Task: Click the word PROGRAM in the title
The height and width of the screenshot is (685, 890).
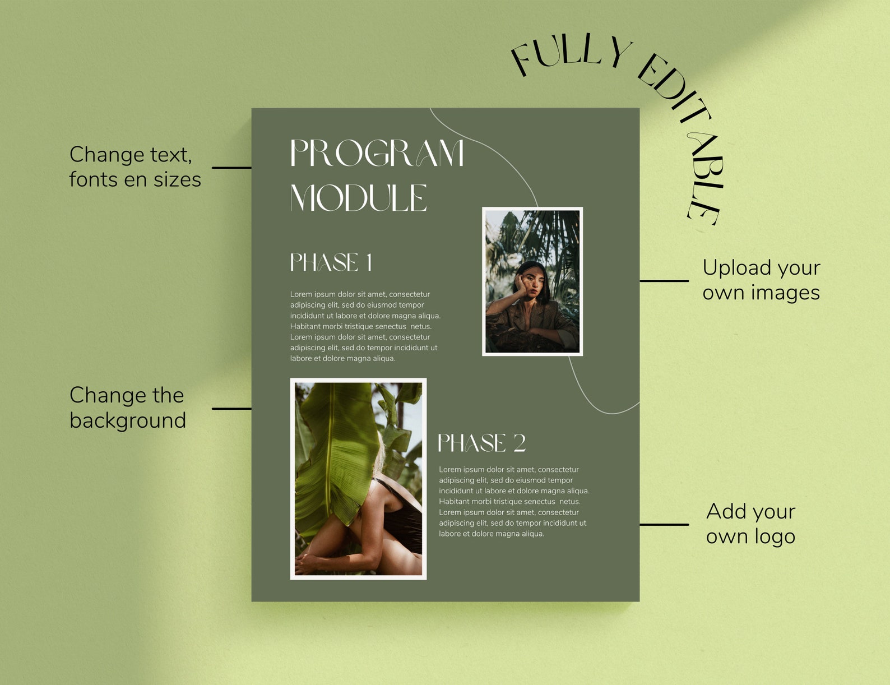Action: click(377, 153)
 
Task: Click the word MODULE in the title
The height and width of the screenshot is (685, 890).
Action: click(359, 198)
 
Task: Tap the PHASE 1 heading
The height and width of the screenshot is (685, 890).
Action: click(331, 262)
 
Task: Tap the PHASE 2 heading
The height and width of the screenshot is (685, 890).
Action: click(481, 443)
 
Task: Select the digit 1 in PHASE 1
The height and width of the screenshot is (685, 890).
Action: click(369, 262)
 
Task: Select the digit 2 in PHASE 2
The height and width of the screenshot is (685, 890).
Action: click(520, 443)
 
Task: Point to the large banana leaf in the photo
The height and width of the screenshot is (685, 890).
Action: click(336, 448)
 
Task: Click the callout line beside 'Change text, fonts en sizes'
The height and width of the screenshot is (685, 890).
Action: click(231, 168)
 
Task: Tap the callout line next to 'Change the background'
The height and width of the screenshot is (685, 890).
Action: click(231, 409)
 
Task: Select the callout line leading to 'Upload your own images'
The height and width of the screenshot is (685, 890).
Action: click(664, 281)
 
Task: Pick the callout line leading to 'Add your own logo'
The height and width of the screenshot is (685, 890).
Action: click(664, 525)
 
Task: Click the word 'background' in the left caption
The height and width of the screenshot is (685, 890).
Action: click(128, 421)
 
